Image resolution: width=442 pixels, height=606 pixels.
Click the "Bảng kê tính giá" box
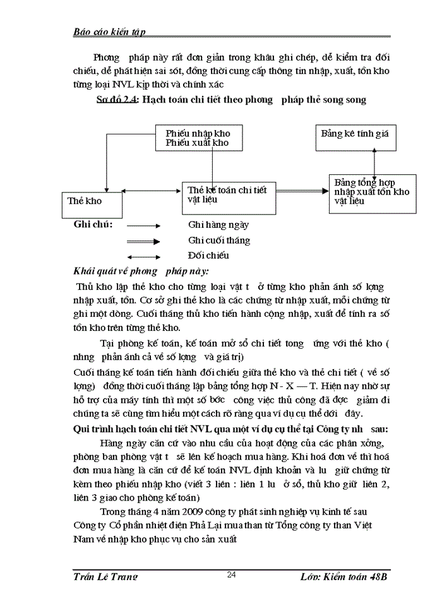pyautogui.click(x=355, y=134)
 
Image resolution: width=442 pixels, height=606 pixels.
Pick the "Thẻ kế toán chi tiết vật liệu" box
pyautogui.click(x=229, y=195)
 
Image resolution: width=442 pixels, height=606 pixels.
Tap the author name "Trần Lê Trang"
pyautogui.click(x=105, y=576)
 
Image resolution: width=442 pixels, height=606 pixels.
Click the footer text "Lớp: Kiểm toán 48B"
pyautogui.click(x=350, y=576)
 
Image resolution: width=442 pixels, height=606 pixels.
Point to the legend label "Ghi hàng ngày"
pyautogui.click(x=218, y=225)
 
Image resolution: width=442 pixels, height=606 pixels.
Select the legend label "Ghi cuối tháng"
pyautogui.click(x=219, y=241)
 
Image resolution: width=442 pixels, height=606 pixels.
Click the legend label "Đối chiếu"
pyautogui.click(x=208, y=256)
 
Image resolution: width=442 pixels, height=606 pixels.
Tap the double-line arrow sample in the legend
pyautogui.click(x=143, y=241)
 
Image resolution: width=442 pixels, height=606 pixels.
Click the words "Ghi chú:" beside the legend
pyautogui.click(x=93, y=225)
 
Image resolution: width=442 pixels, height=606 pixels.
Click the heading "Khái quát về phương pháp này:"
pyautogui.click(x=141, y=271)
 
